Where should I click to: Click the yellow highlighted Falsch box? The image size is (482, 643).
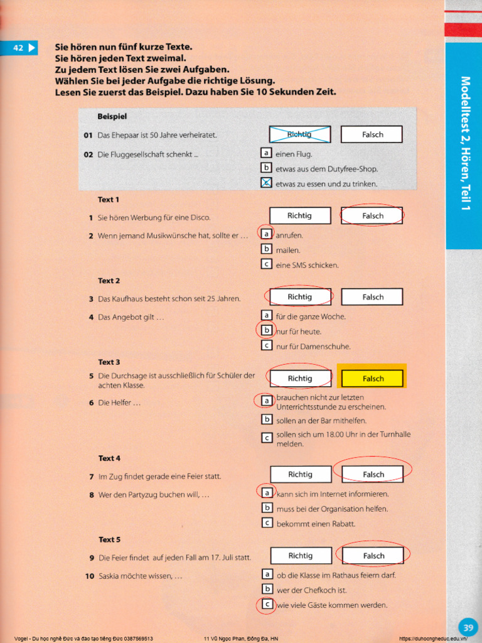[x=373, y=379]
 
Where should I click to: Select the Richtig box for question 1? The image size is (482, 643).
[x=299, y=215]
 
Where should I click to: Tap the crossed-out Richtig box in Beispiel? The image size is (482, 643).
[x=299, y=134]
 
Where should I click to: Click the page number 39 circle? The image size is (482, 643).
[x=468, y=627]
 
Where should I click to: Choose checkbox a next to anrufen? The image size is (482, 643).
[x=266, y=234]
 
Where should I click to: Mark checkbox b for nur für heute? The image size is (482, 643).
[x=266, y=330]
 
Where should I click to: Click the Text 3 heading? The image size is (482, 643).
[x=109, y=362]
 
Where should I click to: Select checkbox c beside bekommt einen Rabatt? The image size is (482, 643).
[x=267, y=523]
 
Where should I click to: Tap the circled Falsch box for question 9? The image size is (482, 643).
[x=373, y=556]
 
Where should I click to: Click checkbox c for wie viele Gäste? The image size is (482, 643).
[x=267, y=605]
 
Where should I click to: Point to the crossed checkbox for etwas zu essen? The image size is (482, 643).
[x=266, y=183]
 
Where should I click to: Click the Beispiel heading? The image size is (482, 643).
[x=112, y=117]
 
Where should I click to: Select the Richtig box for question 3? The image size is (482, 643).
[x=299, y=296]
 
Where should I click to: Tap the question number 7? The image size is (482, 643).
[x=91, y=477]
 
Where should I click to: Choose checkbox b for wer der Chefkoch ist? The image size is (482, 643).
[x=267, y=589]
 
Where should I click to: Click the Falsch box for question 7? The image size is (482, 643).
[x=373, y=474]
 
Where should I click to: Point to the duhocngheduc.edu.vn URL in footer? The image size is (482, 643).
[x=433, y=639]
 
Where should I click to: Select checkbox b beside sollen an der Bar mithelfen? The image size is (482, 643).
[x=267, y=419]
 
